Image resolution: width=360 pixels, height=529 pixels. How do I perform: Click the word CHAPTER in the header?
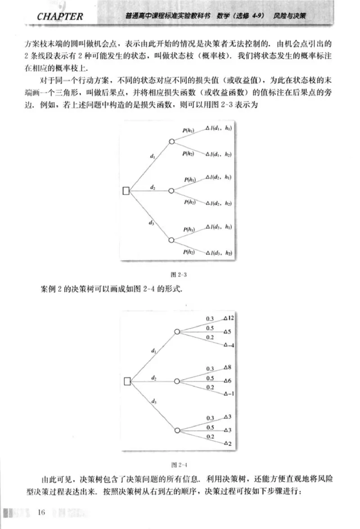tap(60, 17)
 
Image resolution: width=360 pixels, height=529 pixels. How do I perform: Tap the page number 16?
tap(42, 512)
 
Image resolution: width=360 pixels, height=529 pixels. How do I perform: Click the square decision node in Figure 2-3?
tap(126, 191)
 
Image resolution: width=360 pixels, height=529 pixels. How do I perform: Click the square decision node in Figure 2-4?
tap(127, 381)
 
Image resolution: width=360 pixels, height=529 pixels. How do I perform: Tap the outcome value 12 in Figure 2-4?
tap(231, 318)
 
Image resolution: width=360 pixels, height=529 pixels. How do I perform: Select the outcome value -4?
tap(229, 345)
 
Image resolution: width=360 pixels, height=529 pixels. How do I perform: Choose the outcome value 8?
tap(229, 367)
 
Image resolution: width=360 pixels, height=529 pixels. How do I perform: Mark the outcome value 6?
tap(229, 381)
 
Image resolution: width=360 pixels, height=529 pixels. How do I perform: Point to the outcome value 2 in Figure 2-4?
tap(229, 443)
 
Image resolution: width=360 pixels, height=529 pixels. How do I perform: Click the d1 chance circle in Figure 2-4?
tap(177, 332)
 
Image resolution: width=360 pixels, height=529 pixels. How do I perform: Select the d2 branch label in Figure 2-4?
tap(154, 377)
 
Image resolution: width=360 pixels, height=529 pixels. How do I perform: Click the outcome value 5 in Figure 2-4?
tap(229, 332)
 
